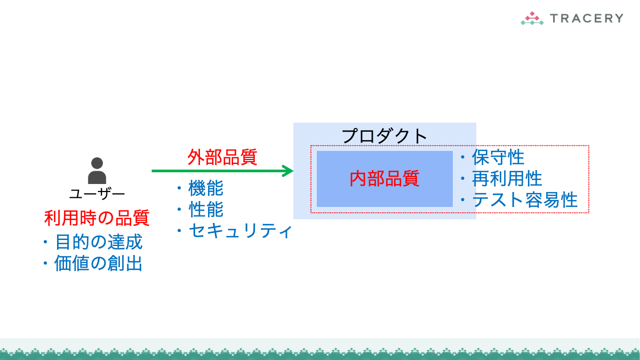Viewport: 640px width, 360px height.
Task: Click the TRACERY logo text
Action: coord(587,18)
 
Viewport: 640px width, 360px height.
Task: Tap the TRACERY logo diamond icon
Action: coord(532,18)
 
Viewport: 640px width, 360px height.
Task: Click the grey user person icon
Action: coord(97,171)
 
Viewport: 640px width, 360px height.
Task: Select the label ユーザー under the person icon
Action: coord(97,194)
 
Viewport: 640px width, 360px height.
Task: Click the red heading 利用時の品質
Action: coord(97,218)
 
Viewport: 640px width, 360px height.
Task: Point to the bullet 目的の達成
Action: coord(99,242)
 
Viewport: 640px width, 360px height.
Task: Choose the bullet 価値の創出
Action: coord(98,263)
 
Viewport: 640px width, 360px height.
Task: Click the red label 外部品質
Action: coord(222,157)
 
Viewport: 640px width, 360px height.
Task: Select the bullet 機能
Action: coord(206,188)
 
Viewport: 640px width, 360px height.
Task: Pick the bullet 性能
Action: coord(206,209)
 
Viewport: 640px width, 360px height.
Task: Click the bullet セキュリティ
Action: coord(240,230)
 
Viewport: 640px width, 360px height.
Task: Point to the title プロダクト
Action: coord(385,136)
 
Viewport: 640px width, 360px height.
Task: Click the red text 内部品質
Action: coord(385,179)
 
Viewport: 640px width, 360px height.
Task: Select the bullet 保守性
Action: coord(498,157)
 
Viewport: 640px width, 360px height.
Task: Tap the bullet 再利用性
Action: coord(507,178)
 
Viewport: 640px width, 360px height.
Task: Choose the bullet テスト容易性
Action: coord(525,199)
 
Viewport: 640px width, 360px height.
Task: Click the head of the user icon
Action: coord(97,163)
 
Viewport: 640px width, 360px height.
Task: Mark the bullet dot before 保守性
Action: coord(462,157)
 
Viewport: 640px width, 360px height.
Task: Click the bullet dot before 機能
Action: coord(179,188)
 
